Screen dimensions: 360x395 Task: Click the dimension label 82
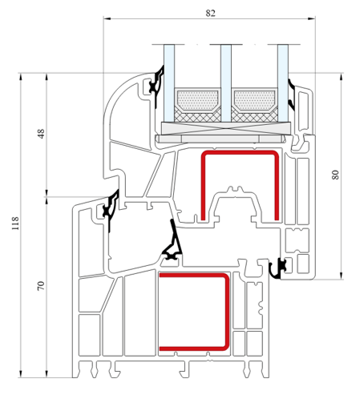210,13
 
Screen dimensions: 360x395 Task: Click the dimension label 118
15,224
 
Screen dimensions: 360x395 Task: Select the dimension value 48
41,134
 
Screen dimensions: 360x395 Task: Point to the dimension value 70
41,286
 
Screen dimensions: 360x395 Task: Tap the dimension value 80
335,175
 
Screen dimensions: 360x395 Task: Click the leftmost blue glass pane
169,83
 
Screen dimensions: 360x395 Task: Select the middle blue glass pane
226,83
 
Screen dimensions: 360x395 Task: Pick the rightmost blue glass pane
283,83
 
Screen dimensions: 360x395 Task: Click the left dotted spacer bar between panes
197,100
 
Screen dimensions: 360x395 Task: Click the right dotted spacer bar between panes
254,100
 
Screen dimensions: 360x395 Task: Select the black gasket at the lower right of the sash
277,269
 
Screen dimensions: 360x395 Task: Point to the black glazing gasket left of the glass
157,85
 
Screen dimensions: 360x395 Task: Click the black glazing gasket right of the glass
291,95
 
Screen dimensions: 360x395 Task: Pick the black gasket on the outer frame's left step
111,210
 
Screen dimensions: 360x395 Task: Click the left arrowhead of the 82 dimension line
107,18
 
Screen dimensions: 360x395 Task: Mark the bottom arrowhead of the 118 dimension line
20,374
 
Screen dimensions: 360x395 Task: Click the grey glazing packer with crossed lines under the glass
226,128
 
